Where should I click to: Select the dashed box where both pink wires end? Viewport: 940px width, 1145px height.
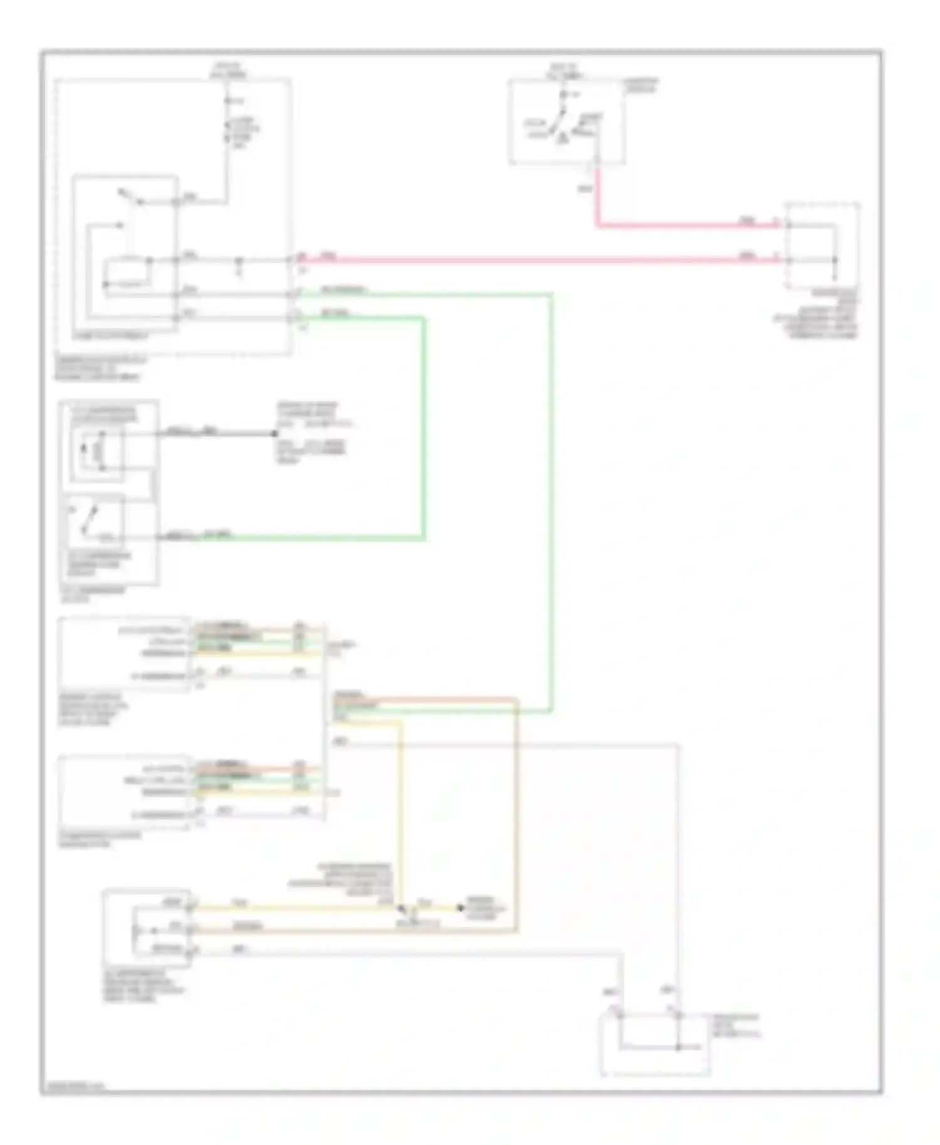pyautogui.click(x=822, y=246)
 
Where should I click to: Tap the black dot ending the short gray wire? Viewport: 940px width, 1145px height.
pyautogui.click(x=274, y=433)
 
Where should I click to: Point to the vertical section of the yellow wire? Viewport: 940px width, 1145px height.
pyautogui.click(x=400, y=814)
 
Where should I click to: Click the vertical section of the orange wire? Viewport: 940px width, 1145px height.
pyautogui.click(x=516, y=814)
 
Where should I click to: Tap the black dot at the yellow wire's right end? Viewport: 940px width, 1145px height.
pyautogui.click(x=461, y=908)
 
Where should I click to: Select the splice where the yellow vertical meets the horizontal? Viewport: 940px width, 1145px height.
pyautogui.click(x=401, y=908)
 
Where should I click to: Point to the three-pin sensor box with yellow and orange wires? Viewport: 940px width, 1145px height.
pyautogui.click(x=147, y=925)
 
